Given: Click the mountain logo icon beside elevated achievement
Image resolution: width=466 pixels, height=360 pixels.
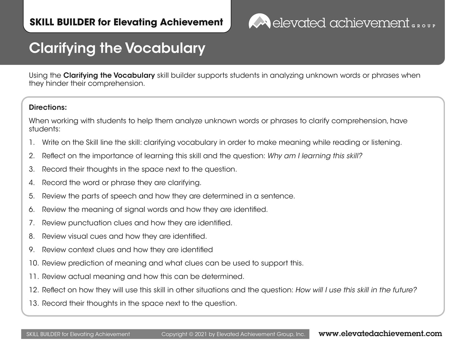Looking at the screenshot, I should pyautogui.click(x=259, y=22).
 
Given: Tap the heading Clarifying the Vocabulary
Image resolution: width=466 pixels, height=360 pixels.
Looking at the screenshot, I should pyautogui.click(x=117, y=48).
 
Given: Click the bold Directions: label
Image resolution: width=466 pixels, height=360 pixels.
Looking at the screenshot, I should pyautogui.click(x=48, y=107).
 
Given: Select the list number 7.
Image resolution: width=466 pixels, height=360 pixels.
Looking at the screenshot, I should pyautogui.click(x=31, y=223).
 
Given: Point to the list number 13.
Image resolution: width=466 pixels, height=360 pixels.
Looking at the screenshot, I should pyautogui.click(x=34, y=303).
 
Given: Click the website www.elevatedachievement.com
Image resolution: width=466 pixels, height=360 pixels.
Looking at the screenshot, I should pyautogui.click(x=380, y=334).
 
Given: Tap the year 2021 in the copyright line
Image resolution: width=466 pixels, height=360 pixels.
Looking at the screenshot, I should pyautogui.click(x=201, y=335).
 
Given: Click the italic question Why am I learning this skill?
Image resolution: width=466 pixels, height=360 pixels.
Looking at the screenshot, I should pyautogui.click(x=315, y=156).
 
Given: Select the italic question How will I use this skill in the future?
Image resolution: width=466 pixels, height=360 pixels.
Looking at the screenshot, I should pyautogui.click(x=356, y=290).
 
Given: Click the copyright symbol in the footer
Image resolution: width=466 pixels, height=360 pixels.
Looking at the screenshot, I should pyautogui.click(x=191, y=335).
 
